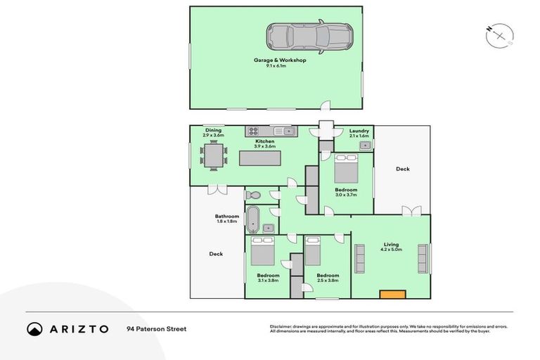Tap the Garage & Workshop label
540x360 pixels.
(x=280, y=60)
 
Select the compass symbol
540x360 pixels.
(x=499, y=34)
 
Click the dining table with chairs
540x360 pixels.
(x=214, y=155)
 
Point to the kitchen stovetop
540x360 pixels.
(x=252, y=131)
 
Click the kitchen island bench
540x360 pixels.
(x=264, y=158)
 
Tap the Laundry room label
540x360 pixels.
(x=359, y=131)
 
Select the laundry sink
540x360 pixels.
(x=365, y=146)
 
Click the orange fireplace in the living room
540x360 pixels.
(x=392, y=294)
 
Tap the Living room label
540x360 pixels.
(x=391, y=245)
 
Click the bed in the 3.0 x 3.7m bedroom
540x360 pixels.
(x=346, y=169)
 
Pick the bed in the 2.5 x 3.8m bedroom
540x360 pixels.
(x=313, y=251)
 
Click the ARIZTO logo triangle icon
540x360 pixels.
(x=34, y=328)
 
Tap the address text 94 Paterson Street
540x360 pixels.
(x=156, y=328)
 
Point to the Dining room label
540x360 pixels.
(x=214, y=131)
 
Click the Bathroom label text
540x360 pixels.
(x=227, y=217)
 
